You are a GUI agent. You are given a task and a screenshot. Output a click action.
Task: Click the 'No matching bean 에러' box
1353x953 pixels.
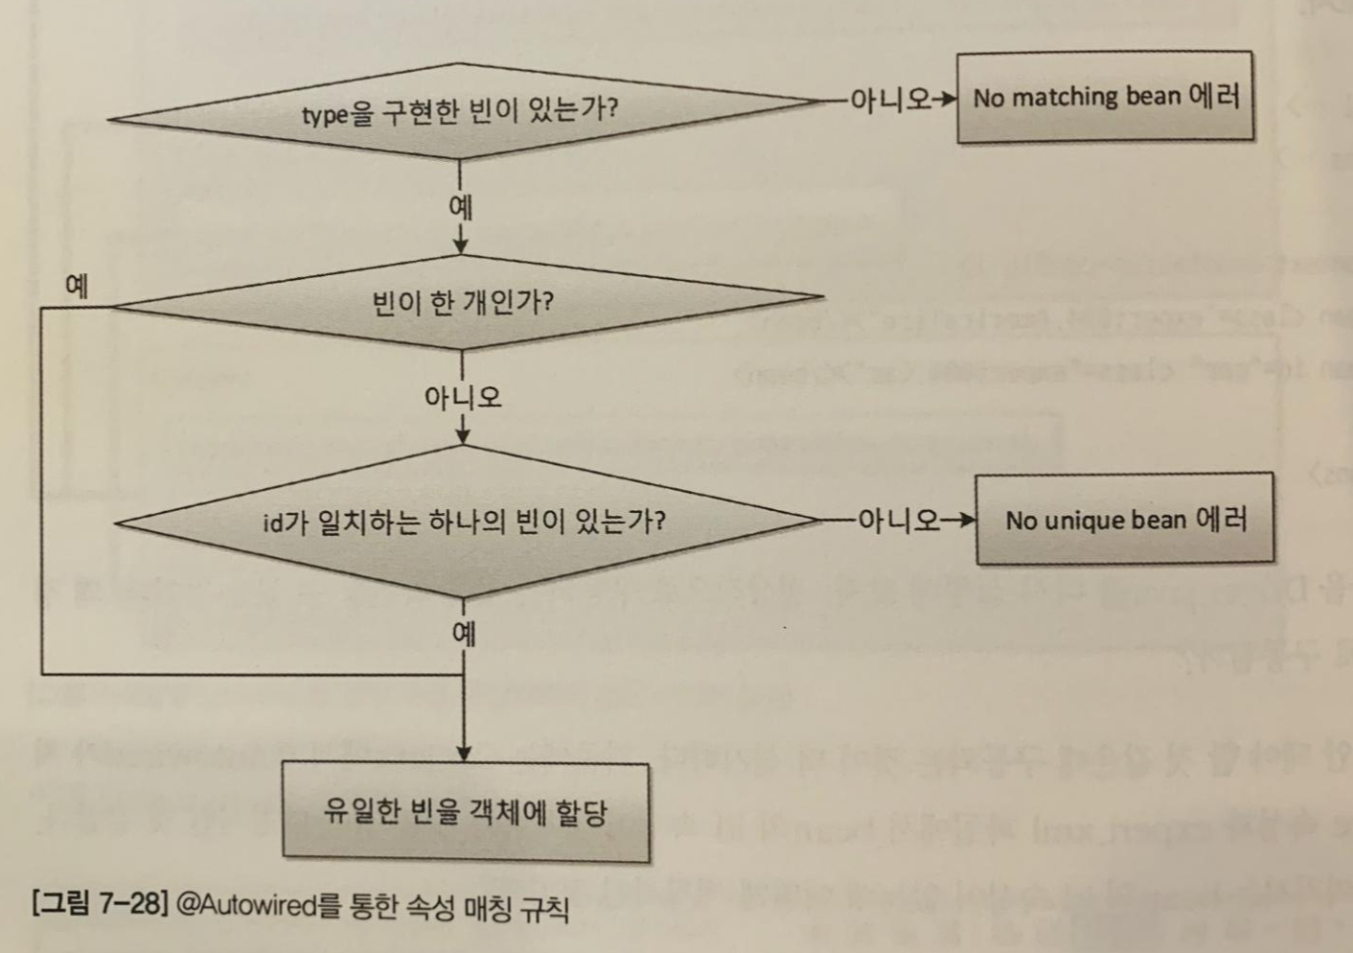pyautogui.click(x=1105, y=97)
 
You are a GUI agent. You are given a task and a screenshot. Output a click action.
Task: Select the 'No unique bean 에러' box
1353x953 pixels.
pyautogui.click(x=1125, y=519)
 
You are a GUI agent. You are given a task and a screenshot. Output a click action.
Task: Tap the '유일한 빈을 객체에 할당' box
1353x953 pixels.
pyautogui.click(x=465, y=812)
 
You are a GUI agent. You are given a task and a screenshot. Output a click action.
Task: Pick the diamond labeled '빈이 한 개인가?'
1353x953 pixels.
pyautogui.click(x=462, y=303)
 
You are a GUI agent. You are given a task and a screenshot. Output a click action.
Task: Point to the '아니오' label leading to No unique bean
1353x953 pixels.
pyautogui.click(x=898, y=520)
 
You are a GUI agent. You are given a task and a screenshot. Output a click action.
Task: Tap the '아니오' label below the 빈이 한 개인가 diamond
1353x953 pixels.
pyautogui.click(x=463, y=397)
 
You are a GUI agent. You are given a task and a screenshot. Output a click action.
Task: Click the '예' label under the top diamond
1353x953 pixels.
pyautogui.click(x=460, y=206)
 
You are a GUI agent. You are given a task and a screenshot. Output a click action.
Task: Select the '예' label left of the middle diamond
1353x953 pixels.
pyautogui.click(x=77, y=285)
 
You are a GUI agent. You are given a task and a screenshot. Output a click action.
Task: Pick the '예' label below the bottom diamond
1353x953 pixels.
pyautogui.click(x=464, y=632)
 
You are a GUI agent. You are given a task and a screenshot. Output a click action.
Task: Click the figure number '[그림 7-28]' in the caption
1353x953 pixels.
pyautogui.click(x=100, y=902)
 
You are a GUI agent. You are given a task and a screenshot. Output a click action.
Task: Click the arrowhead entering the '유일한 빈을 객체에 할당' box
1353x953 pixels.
pyautogui.click(x=464, y=754)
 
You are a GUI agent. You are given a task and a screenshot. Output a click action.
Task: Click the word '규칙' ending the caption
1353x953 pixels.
pyautogui.click(x=544, y=907)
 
